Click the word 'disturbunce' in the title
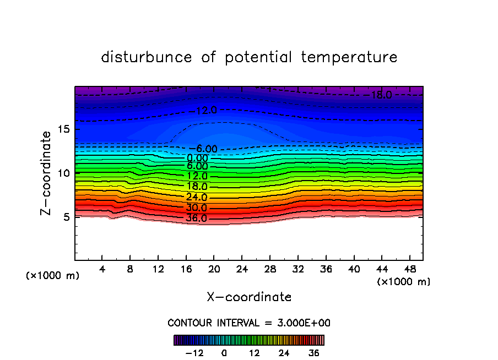[147, 57]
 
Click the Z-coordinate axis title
[47, 173]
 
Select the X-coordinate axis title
[249, 297]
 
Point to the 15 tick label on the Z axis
[67, 130]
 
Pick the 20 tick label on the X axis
[214, 269]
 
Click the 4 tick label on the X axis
[102, 269]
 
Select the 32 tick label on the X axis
[297, 269]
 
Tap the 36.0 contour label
[196, 219]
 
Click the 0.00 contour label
[197, 158]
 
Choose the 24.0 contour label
[196, 198]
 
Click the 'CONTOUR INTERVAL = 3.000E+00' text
[249, 323]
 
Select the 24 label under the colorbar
[284, 353]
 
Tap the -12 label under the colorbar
[194, 353]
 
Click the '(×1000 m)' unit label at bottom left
[53, 276]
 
